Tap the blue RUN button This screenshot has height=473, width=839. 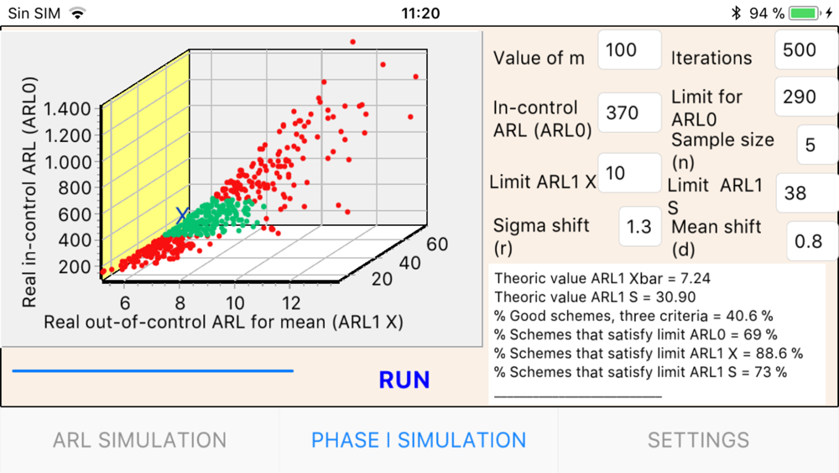pyautogui.click(x=404, y=380)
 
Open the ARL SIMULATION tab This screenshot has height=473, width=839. pyautogui.click(x=139, y=440)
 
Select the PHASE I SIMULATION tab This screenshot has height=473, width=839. pyautogui.click(x=419, y=440)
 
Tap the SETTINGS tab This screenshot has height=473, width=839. pyautogui.click(x=698, y=440)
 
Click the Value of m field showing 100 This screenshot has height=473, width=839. pyautogui.click(x=628, y=50)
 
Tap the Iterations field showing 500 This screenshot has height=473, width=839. pyautogui.click(x=804, y=50)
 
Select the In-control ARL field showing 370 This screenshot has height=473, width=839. pyautogui.click(x=628, y=113)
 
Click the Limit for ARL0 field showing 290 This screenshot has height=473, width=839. pyautogui.click(x=804, y=97)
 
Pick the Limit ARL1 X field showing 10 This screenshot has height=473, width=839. pyautogui.click(x=628, y=174)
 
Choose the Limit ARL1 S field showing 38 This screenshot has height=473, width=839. pyautogui.click(x=804, y=193)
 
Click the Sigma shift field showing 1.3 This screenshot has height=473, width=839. pyautogui.click(x=639, y=227)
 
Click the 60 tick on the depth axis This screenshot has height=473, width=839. pyautogui.click(x=436, y=245)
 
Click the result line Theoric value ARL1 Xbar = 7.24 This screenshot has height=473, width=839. pyautogui.click(x=603, y=277)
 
